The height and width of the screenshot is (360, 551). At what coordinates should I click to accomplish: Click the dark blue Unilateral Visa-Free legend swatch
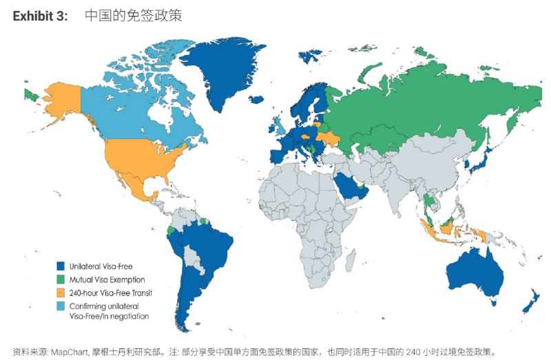click(x=60, y=265)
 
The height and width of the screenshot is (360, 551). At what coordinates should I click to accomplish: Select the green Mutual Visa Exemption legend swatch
click(x=60, y=279)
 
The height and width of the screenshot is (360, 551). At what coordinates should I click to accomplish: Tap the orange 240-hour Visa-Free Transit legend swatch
click(x=60, y=293)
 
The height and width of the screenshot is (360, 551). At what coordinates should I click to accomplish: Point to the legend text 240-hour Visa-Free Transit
click(x=110, y=293)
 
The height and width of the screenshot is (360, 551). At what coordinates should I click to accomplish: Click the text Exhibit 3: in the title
click(x=40, y=16)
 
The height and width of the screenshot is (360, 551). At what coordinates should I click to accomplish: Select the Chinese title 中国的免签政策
click(x=129, y=16)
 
